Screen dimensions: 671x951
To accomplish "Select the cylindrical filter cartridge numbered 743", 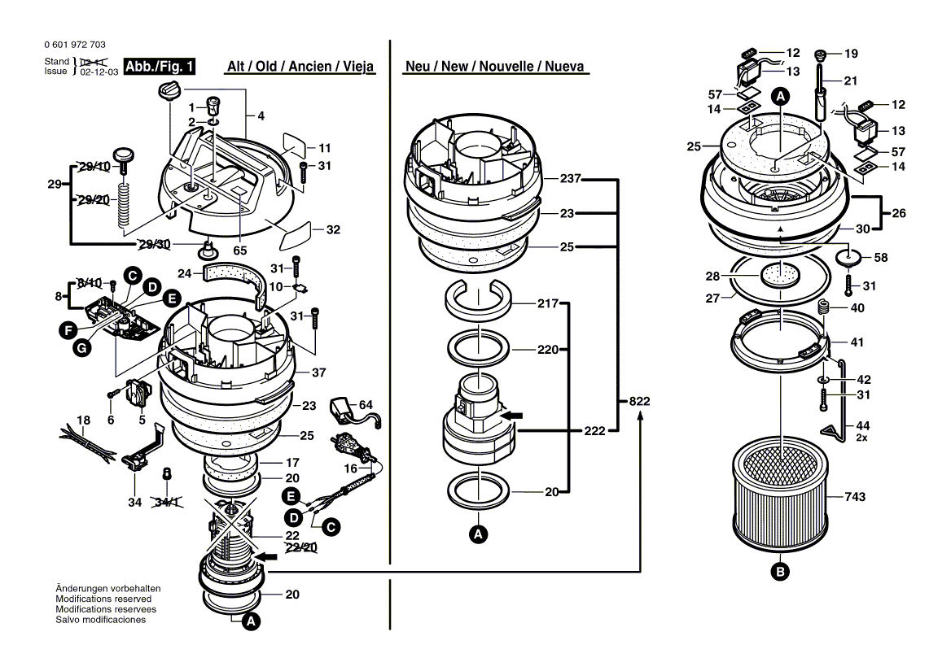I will [781, 497].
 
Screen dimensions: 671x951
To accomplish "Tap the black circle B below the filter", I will [780, 572].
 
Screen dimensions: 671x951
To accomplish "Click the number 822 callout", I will [640, 402].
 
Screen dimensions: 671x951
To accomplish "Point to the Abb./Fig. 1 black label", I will [160, 67].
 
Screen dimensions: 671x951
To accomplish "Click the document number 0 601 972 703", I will [73, 45].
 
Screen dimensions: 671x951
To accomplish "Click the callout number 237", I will [570, 179].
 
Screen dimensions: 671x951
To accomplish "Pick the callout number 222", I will [595, 431].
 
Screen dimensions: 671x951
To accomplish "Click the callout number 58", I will [881, 257].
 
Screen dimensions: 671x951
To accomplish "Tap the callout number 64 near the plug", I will [366, 405].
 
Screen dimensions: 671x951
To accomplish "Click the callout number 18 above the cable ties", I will [83, 420].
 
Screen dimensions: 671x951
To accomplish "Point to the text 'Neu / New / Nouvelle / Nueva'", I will [494, 67].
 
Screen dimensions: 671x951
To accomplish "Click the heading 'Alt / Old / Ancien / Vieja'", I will [300, 67].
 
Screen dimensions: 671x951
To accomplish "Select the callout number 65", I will [240, 251].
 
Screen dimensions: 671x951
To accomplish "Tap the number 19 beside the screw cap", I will [851, 54].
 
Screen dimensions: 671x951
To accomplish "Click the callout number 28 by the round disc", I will [712, 277].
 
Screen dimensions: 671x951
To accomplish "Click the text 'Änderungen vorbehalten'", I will [107, 588].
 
